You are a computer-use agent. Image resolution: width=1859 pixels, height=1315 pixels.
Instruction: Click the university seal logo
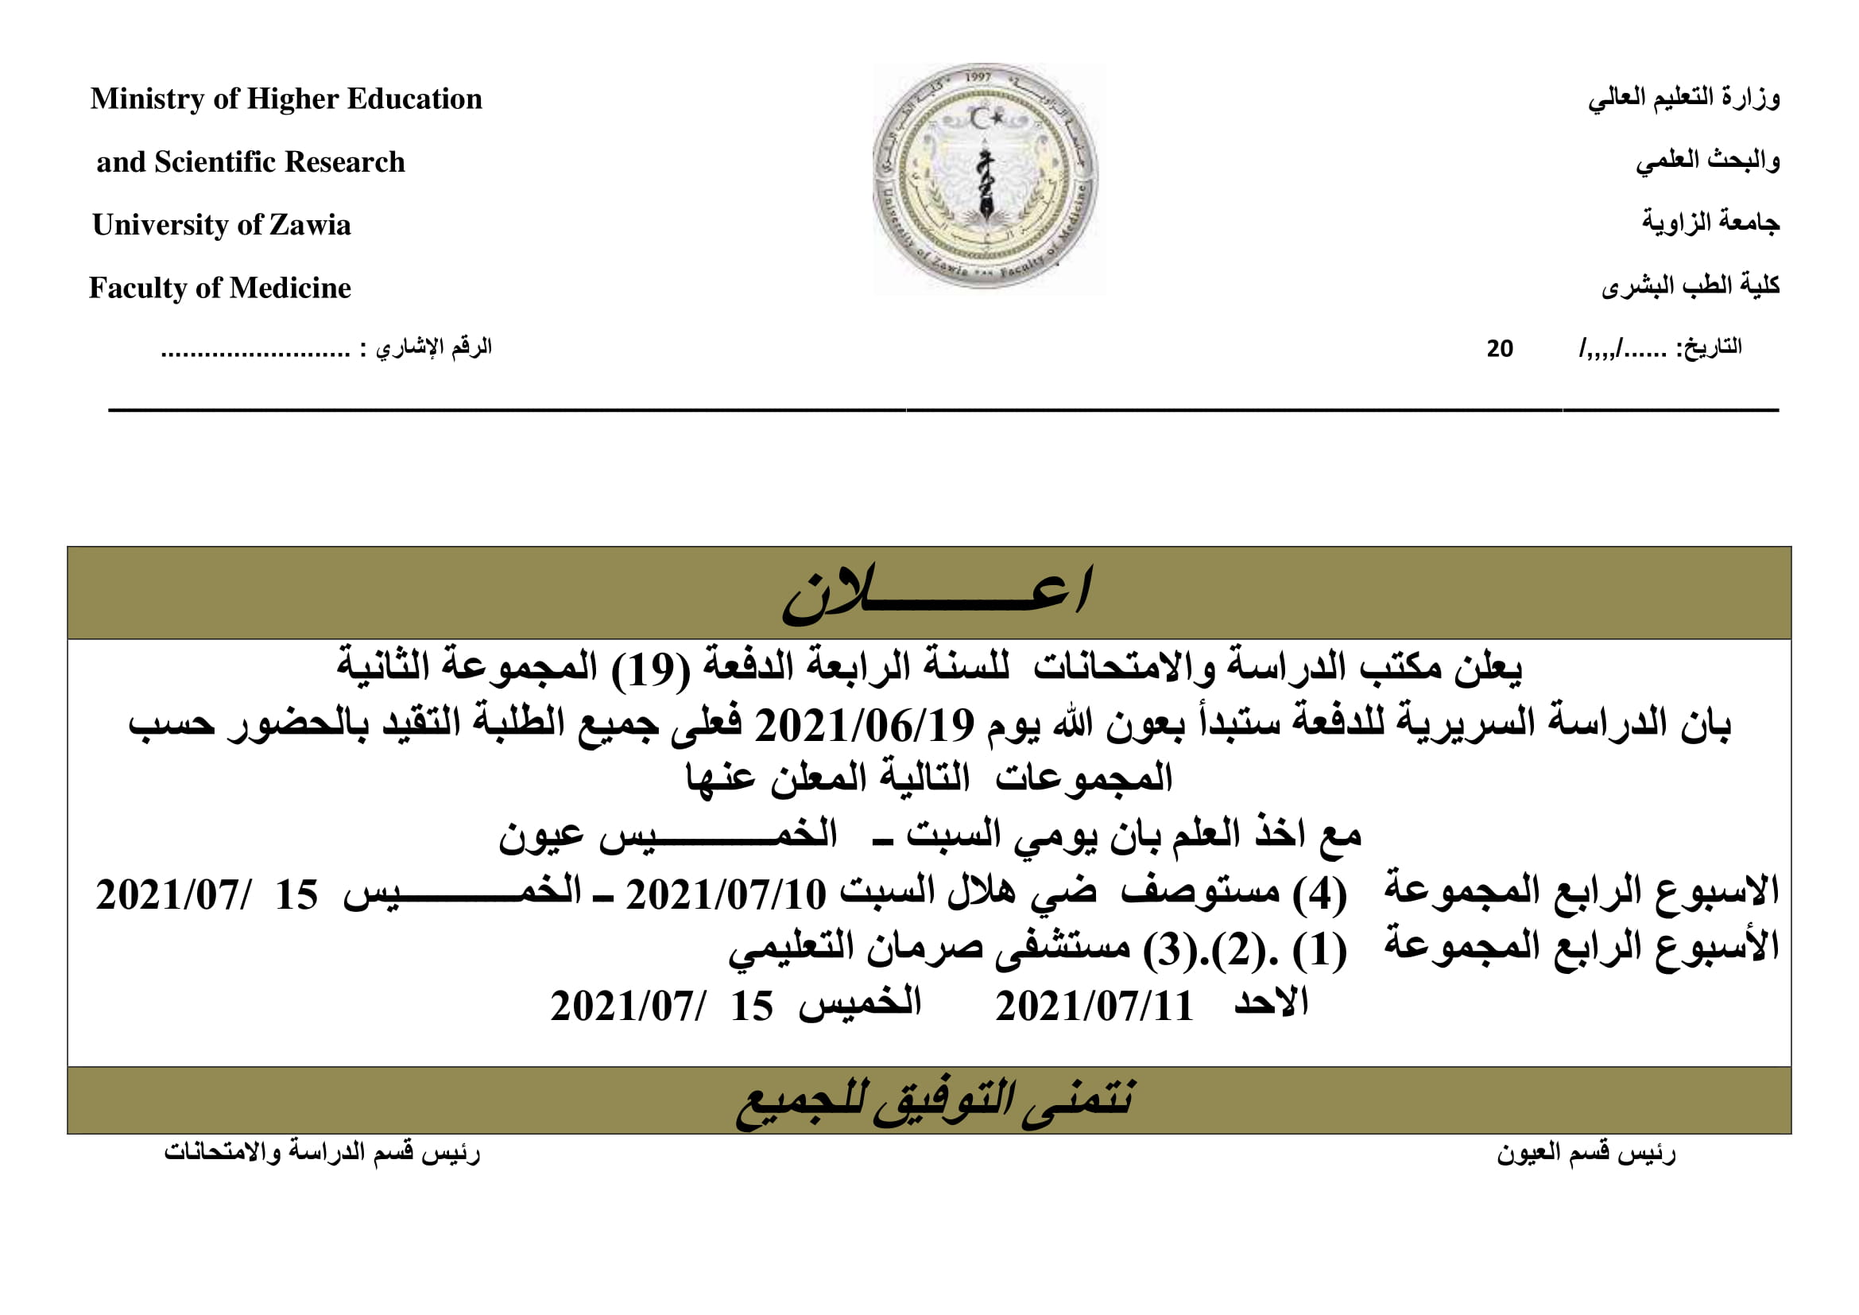[x=986, y=178]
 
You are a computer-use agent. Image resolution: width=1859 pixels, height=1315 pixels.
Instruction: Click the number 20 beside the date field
[x=1500, y=349]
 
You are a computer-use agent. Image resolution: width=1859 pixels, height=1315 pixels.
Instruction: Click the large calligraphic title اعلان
[x=936, y=595]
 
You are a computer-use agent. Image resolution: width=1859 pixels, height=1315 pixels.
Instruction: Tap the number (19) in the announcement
[x=651, y=669]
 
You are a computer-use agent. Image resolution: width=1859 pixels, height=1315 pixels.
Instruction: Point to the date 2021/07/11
[x=1094, y=1007]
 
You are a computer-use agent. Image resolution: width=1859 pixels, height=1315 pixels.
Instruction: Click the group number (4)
[x=1319, y=894]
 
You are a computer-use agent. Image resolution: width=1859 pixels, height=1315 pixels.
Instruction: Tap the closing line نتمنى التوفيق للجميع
[x=935, y=1102]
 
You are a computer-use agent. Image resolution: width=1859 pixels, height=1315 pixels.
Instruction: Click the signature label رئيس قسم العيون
[x=1586, y=1153]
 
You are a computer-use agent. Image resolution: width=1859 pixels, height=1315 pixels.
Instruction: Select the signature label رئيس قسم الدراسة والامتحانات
[x=321, y=1151]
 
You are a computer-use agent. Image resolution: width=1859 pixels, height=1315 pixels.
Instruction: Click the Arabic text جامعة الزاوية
[x=1710, y=223]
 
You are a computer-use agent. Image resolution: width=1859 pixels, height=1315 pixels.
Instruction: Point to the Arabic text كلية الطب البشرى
[x=1690, y=286]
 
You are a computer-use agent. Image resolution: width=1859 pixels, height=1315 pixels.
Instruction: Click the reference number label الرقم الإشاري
[x=433, y=348]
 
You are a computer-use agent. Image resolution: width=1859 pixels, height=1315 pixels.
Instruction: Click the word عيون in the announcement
[x=539, y=837]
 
